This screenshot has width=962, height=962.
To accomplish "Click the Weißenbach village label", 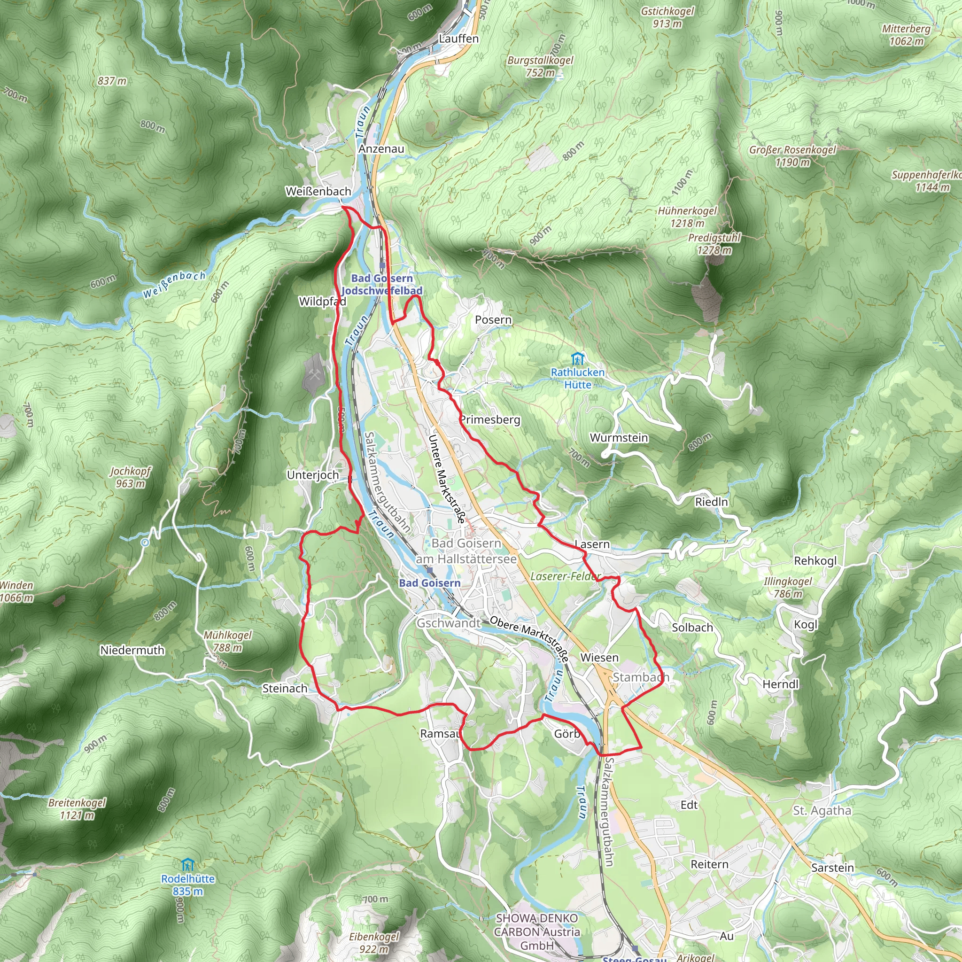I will pos(318,191).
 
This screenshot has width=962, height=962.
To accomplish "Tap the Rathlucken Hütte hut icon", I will pos(577,358).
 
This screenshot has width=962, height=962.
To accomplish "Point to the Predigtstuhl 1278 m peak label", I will pos(714,244).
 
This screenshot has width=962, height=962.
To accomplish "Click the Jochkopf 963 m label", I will pos(130,477).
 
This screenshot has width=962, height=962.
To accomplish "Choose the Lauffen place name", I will pos(458,39).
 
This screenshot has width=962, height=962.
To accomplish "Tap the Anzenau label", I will pos(381,149).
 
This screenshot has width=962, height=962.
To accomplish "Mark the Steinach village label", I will pos(285,689).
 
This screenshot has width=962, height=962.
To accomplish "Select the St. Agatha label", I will pos(822,811).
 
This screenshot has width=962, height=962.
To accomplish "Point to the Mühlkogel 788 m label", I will pos(227,641).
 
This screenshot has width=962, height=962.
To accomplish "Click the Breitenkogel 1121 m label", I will pos(77,809).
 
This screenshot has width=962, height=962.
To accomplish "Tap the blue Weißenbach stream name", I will pos(174,285).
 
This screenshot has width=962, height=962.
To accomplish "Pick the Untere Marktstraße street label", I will pos(447,479).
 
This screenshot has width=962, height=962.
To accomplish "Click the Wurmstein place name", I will pos(619,438).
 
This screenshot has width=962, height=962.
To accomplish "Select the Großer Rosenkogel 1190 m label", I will pos(792,156).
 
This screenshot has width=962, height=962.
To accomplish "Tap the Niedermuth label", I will pos(132,650).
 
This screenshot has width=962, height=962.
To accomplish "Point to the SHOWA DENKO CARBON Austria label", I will pos(537,931).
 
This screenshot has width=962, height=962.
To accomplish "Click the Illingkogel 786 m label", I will pos(788,588).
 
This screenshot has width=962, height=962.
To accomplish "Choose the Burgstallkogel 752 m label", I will pos(540,66).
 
